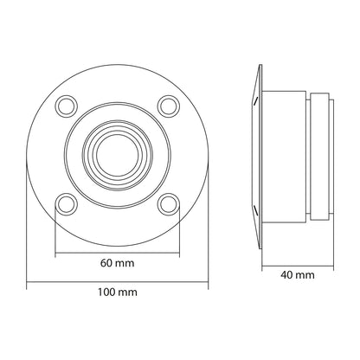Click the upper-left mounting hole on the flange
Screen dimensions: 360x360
[x=66, y=104]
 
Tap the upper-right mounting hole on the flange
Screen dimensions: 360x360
[x=166, y=104]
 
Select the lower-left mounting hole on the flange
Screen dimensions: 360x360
[x=66, y=204]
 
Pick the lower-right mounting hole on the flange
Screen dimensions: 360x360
[x=166, y=204]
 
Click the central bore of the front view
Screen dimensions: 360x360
[x=116, y=154]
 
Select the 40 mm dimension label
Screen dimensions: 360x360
[x=299, y=275]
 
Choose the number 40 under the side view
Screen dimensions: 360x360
[x=289, y=275]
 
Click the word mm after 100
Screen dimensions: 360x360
[x=127, y=293]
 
